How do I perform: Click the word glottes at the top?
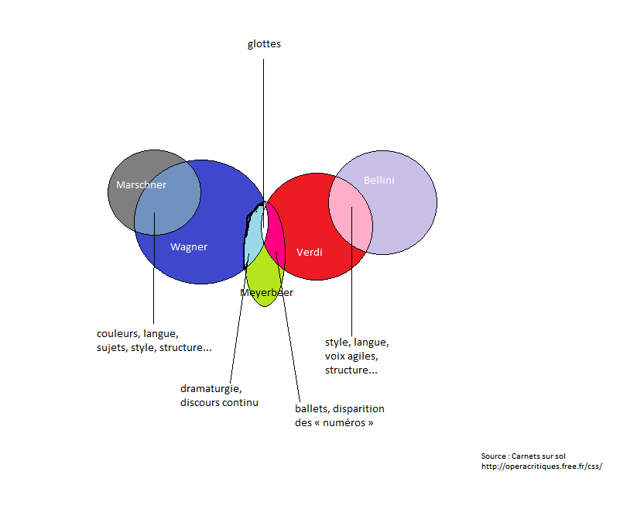click(264, 44)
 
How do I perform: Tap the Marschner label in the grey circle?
click(142, 184)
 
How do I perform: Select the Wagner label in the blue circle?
click(189, 247)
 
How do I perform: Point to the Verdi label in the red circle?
click(309, 252)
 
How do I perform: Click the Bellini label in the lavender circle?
click(379, 181)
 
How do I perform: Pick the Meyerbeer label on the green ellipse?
click(266, 292)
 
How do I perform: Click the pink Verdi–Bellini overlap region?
click(350, 213)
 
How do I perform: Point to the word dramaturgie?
click(211, 389)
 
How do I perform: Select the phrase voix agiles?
click(351, 356)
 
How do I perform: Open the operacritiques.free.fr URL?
click(542, 466)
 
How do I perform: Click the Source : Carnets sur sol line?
click(523, 456)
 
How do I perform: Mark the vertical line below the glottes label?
click(263, 143)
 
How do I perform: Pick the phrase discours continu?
click(219, 403)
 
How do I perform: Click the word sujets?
click(111, 348)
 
